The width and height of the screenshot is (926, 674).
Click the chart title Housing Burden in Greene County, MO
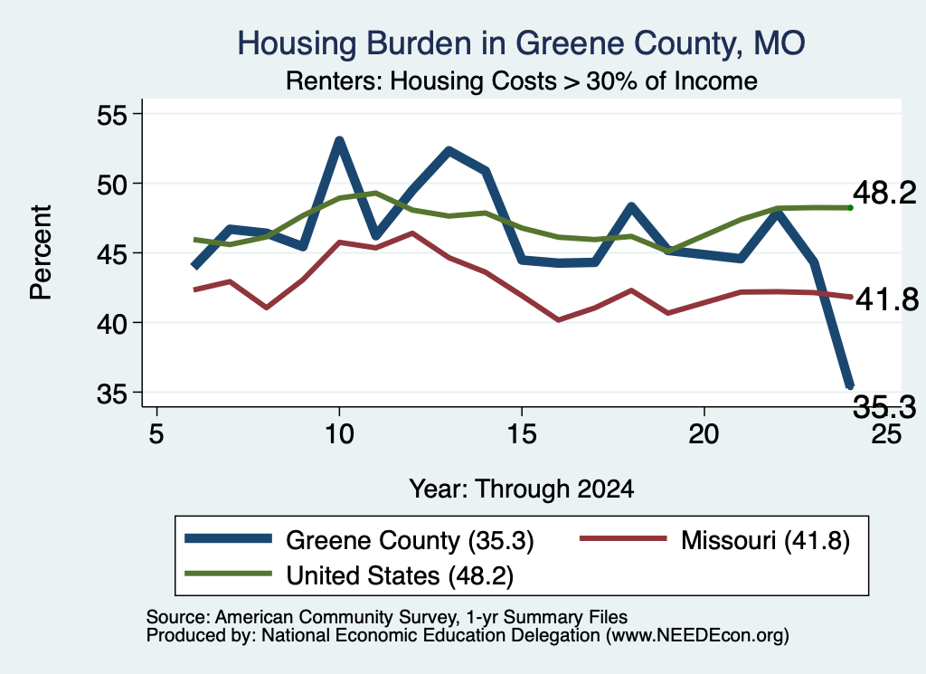click(x=521, y=43)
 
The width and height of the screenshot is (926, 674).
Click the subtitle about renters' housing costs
click(x=522, y=81)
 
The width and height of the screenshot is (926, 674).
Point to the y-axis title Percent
click(x=41, y=252)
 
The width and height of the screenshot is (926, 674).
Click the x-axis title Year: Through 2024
click(x=522, y=489)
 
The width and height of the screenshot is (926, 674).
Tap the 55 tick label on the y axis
click(x=111, y=114)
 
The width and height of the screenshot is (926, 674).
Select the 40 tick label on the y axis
click(x=111, y=323)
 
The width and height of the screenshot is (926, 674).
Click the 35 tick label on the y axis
click(x=111, y=393)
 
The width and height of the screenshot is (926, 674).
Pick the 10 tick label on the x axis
click(x=339, y=434)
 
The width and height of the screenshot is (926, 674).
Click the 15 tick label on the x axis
click(x=522, y=434)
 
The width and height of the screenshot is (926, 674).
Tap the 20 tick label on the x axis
click(x=704, y=434)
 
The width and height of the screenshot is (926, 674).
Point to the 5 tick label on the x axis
click(x=156, y=434)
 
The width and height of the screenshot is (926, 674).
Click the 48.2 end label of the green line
click(x=884, y=194)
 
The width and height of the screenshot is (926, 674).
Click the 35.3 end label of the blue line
click(x=884, y=407)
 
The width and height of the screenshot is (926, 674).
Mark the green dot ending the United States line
click(x=850, y=207)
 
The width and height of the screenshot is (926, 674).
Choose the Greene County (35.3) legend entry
click(x=359, y=540)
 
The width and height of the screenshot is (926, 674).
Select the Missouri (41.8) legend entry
click(x=714, y=540)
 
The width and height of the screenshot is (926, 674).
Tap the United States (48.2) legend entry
click(x=349, y=575)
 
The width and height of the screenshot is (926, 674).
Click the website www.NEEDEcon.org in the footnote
click(x=697, y=636)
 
